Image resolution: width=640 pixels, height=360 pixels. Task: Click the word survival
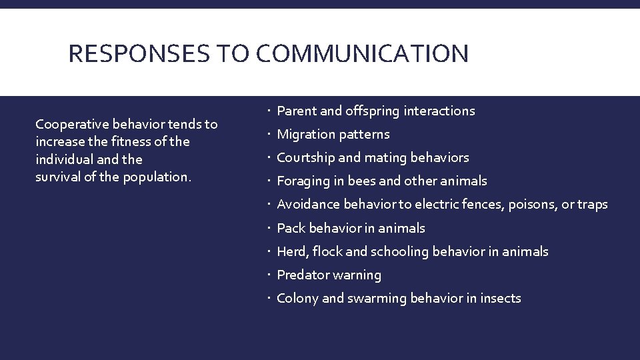(x=56, y=177)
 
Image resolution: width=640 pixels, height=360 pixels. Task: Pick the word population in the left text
(x=157, y=177)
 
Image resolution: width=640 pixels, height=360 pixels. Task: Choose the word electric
(x=439, y=205)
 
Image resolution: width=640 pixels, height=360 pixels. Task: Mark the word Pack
(x=290, y=228)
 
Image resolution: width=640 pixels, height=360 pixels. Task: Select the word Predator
(x=303, y=275)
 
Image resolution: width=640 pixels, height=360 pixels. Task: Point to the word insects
(x=500, y=298)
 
